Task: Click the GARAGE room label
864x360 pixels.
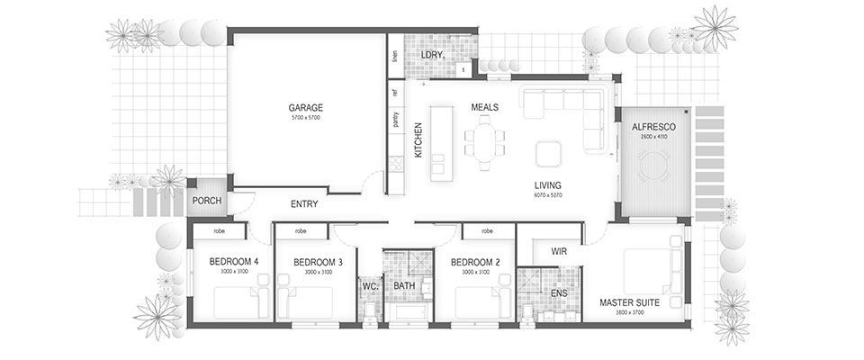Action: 305,106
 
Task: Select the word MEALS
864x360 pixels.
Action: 484,107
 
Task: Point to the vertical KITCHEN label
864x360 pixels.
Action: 418,140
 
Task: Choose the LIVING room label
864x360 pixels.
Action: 547,185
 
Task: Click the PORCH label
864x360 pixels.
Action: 207,200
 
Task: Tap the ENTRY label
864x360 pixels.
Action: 304,204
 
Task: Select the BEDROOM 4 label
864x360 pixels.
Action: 233,262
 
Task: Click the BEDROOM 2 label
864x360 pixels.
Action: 474,262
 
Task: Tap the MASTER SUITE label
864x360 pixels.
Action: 629,303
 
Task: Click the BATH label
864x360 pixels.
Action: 403,285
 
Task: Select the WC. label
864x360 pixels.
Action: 369,285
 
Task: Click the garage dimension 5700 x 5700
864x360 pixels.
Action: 305,118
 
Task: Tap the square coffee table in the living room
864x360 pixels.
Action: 548,153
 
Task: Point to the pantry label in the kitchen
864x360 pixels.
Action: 395,120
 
